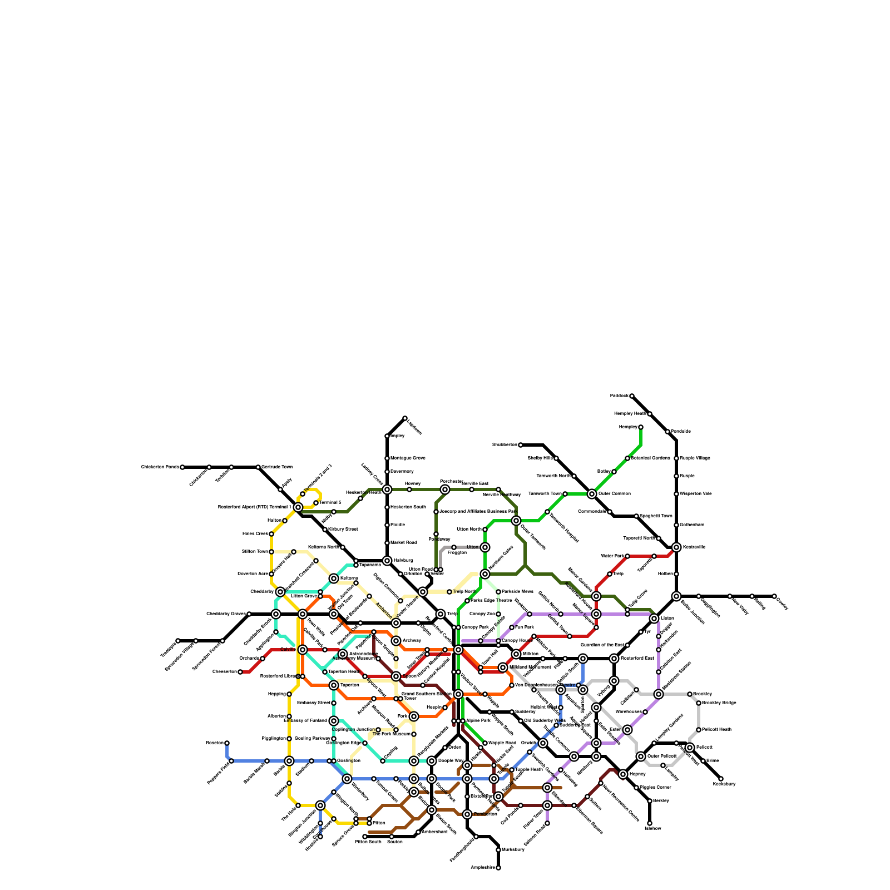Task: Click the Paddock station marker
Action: pos(632,396)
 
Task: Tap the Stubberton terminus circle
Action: pos(521,445)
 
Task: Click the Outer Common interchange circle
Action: pos(592,494)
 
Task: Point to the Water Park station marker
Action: pos(627,556)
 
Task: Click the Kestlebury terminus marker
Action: pos(721,779)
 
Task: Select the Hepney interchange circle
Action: pos(623,774)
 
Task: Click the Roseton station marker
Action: pos(227,743)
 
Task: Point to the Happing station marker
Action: pos(289,694)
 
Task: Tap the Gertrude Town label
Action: pos(276,467)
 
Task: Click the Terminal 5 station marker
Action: pos(316,503)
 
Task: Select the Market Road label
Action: pos(403,543)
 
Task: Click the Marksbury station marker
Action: pos(498,850)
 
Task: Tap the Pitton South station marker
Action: pos(365,837)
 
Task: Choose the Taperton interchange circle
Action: pos(334,685)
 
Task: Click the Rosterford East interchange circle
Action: pos(614,659)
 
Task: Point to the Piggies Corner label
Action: pos(655,788)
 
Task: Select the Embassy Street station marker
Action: pos(334,703)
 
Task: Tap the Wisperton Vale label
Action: pos(695,494)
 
